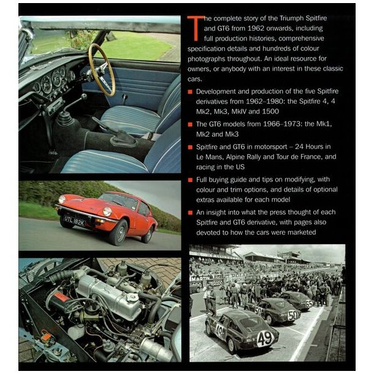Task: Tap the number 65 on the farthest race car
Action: pyautogui.click(x=308, y=303)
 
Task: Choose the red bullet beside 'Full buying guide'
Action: pyautogui.click(x=191, y=180)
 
